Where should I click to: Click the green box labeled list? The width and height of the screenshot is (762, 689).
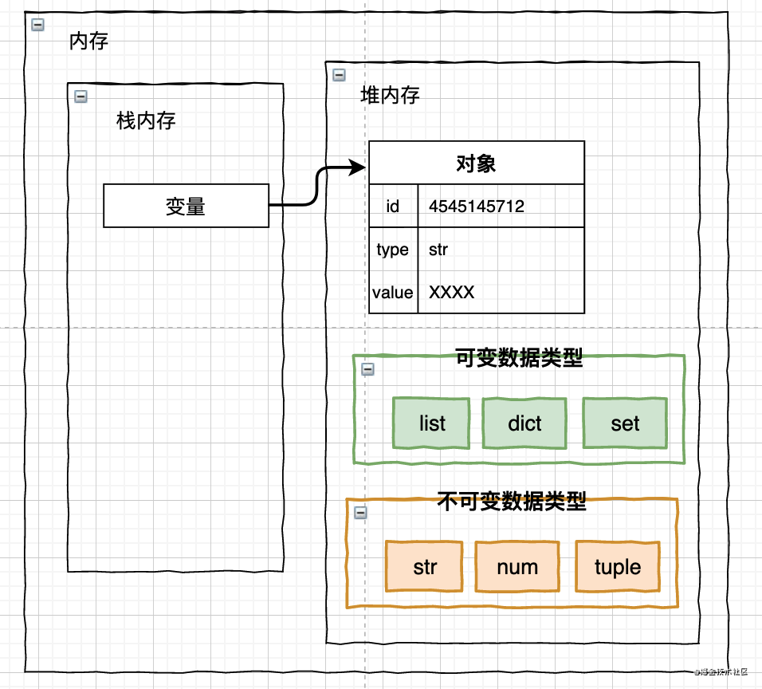tap(431, 423)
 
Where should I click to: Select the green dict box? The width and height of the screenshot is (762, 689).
tap(524, 423)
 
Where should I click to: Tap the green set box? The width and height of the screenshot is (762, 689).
tap(625, 423)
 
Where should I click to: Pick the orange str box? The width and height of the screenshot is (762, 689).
tap(424, 566)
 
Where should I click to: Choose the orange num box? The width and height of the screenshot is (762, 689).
tap(517, 566)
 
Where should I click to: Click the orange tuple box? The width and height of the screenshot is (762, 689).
tap(618, 566)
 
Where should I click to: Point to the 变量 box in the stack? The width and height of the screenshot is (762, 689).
tap(187, 206)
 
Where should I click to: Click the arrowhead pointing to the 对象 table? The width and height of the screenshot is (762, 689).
tap(358, 167)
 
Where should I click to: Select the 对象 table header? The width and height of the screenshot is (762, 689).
tap(477, 163)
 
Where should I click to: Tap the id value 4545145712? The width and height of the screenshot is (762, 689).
tap(477, 207)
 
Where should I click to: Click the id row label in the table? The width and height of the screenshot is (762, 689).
tap(393, 207)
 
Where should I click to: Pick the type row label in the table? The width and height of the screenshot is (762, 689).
tap(393, 250)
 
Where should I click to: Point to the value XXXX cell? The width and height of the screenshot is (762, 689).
tap(451, 292)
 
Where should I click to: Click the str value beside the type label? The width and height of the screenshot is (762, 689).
tap(438, 250)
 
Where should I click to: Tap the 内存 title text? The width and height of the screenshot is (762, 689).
tap(88, 41)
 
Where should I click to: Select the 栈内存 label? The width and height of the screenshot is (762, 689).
tap(146, 120)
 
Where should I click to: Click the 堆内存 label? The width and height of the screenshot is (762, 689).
tap(390, 95)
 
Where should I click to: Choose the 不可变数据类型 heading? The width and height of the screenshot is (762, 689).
tap(512, 501)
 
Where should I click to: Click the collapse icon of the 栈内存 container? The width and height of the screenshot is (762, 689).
tap(81, 96)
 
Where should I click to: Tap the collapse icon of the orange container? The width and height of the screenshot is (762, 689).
tap(360, 513)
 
